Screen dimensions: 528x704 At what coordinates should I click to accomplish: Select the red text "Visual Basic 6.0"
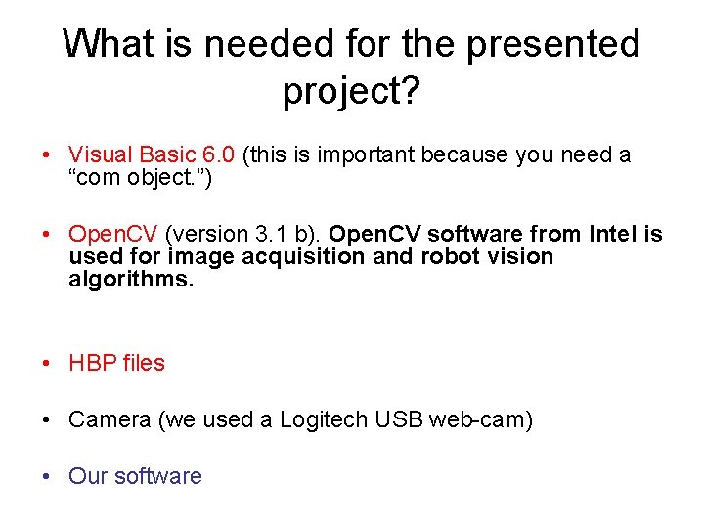(152, 155)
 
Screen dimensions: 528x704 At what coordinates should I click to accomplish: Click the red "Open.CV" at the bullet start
(113, 235)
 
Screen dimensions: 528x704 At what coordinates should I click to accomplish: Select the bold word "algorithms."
(132, 280)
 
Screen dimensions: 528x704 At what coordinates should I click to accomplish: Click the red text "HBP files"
(116, 364)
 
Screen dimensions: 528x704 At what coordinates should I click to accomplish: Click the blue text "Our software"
(135, 477)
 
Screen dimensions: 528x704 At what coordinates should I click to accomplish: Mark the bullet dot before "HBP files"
(48, 364)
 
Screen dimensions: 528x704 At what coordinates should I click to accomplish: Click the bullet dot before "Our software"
(48, 477)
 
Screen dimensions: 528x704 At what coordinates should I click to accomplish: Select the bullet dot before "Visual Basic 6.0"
(48, 155)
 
